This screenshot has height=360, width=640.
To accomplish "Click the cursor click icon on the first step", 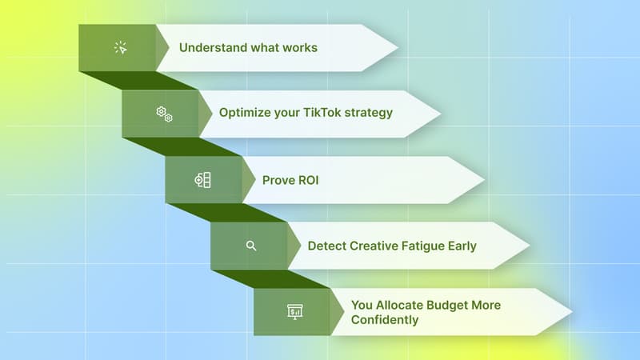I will click(x=121, y=48).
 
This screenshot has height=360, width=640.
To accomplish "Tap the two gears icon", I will click(x=164, y=114).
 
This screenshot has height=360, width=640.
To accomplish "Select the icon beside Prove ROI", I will click(x=203, y=180).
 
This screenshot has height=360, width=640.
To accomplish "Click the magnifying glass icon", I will click(x=251, y=246).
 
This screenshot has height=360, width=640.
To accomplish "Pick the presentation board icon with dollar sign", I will click(x=294, y=311).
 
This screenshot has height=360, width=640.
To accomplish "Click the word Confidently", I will click(x=385, y=319).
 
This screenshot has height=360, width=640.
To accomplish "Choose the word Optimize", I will click(x=245, y=113).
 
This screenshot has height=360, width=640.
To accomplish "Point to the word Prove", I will click(x=278, y=179).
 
